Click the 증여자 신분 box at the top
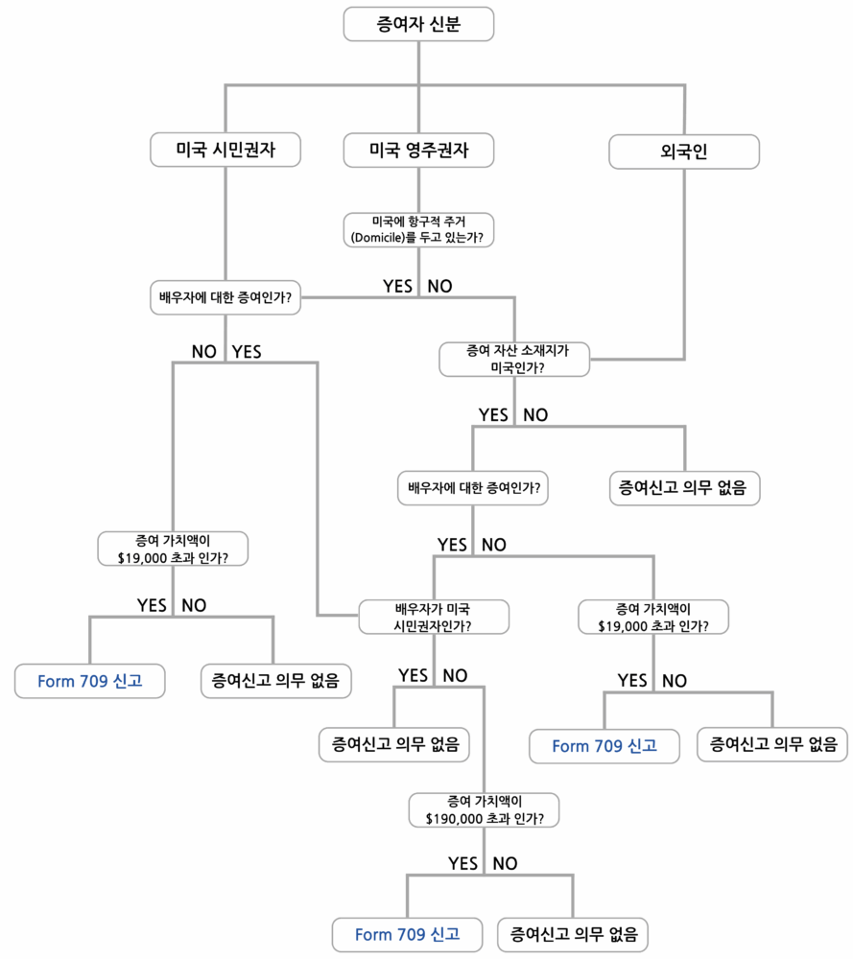point(418,25)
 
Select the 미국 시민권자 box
point(225,151)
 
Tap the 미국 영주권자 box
point(418,151)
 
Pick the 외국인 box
point(684,151)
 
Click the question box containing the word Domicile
point(418,229)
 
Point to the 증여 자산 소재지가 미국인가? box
point(515,359)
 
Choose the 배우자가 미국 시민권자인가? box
point(433,617)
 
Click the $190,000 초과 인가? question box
point(485,809)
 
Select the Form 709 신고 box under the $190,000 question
point(407,934)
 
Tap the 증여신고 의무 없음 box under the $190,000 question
point(573,934)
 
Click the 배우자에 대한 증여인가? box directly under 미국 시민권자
point(225,297)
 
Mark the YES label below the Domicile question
point(397,286)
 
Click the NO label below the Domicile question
point(439,286)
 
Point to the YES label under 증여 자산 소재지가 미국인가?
point(493,415)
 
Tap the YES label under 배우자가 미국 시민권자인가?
point(413,675)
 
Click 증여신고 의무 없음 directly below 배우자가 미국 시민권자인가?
point(394,743)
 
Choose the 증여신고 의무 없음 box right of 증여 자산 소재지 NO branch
point(684,488)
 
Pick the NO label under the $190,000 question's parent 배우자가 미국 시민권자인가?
point(455,675)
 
